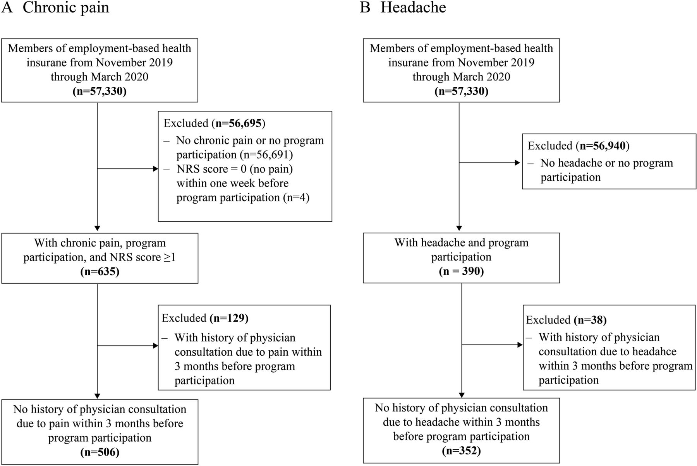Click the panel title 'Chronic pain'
coord(66,8)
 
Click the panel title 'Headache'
coord(413,7)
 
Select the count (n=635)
coord(100,272)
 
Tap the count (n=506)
coord(100,452)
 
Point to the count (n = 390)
coord(461,271)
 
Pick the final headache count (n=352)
coord(461,451)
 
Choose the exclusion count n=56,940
coord(603,146)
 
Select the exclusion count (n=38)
coord(590,320)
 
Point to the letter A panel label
coord(7,8)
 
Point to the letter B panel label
coord(365,8)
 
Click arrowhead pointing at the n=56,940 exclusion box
coord(517,163)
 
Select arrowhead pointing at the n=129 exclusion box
coord(156,346)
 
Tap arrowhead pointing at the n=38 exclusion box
coord(520,344)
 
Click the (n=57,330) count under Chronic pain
coord(100,92)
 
